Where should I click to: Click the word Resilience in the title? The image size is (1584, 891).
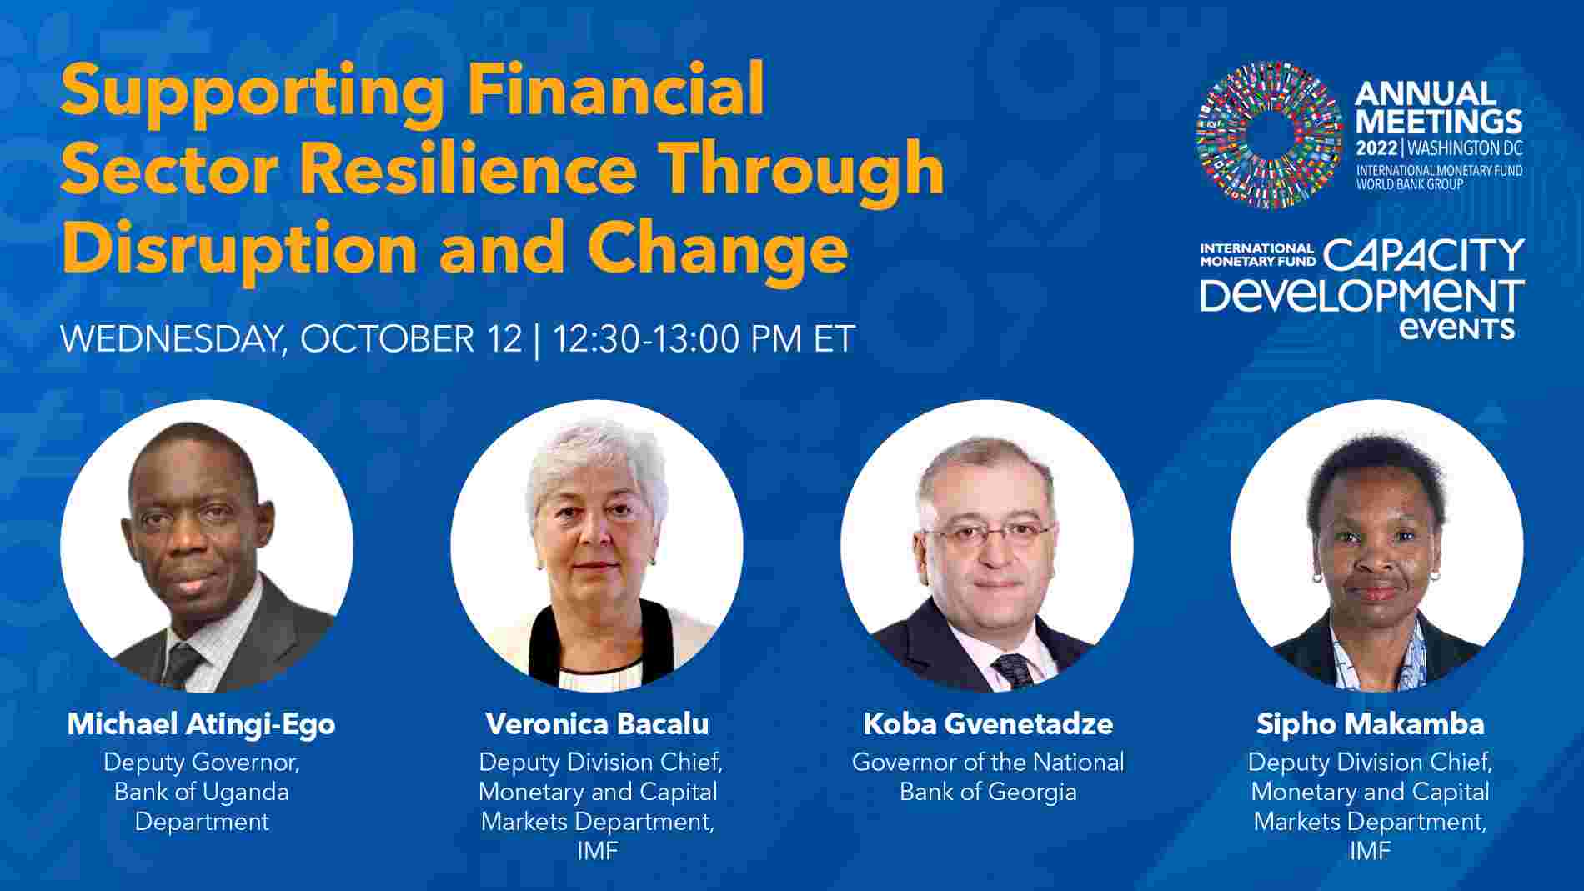[x=474, y=168]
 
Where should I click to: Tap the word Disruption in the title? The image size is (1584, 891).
[x=239, y=248]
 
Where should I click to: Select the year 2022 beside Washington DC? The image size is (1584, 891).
[x=1377, y=149]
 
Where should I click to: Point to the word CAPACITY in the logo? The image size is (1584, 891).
[x=1424, y=256]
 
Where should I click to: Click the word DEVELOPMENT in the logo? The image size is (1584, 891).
[x=1362, y=296]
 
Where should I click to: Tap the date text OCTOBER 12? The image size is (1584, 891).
[x=411, y=339]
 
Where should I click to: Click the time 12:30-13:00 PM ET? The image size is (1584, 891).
[x=704, y=339]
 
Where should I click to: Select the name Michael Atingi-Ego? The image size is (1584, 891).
[x=201, y=723]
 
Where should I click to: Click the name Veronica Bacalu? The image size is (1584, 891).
[x=597, y=723]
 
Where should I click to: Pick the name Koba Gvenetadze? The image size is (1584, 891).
[x=988, y=723]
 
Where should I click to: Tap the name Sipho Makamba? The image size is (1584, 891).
[x=1370, y=723]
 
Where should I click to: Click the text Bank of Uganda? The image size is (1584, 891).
[x=201, y=792]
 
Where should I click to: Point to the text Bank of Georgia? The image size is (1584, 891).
[x=988, y=792]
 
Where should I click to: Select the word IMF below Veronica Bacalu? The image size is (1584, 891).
[x=597, y=851]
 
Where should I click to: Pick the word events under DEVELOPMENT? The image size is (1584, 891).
[x=1456, y=328]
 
